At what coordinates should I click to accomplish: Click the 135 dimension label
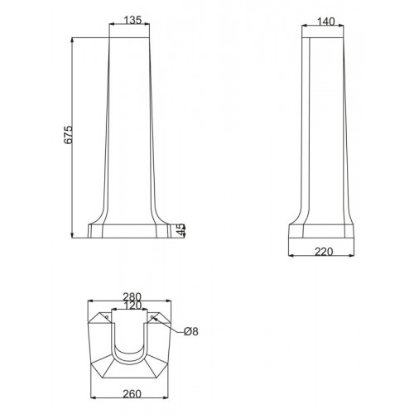[x=132, y=20]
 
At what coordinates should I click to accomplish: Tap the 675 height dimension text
[x=68, y=135]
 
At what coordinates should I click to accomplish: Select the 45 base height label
[x=181, y=229]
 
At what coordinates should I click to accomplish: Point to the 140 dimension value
[x=326, y=22]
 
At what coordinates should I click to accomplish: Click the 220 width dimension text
[x=324, y=252]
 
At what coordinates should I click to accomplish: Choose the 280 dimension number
[x=132, y=297]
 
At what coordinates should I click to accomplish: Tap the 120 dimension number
[x=132, y=306]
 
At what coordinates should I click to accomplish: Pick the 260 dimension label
[x=132, y=394]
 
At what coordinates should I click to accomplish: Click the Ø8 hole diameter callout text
[x=191, y=331]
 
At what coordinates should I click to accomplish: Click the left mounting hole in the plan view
[x=107, y=316]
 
